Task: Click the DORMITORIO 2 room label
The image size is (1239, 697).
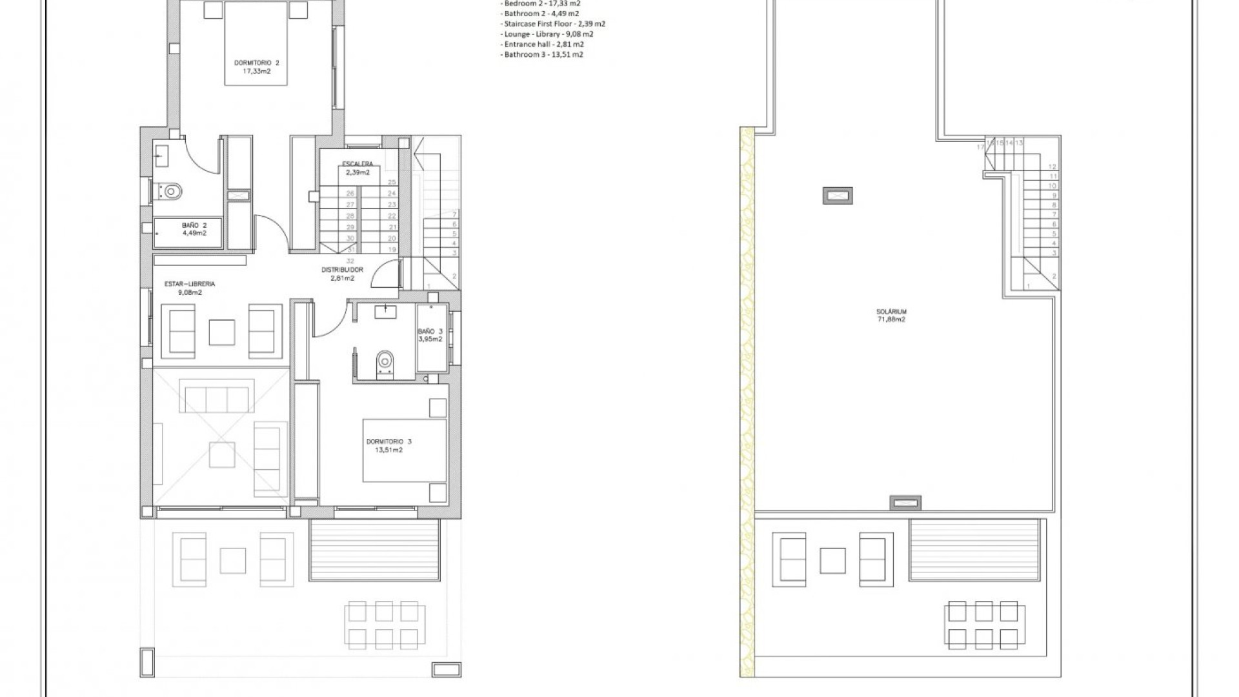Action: [x=256, y=67]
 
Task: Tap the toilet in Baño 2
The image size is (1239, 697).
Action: [x=171, y=191]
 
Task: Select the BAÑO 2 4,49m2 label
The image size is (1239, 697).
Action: [x=194, y=229]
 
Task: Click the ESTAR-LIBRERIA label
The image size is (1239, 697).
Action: [x=190, y=288]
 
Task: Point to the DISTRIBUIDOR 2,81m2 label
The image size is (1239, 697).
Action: [x=342, y=274]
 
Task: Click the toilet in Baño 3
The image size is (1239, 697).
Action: [x=385, y=362]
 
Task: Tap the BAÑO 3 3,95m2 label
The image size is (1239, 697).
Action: [x=430, y=335]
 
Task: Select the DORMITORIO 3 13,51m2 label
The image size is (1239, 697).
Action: [x=388, y=445]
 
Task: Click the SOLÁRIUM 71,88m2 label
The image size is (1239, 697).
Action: [x=891, y=315]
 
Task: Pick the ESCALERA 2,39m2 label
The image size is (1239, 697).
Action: [x=357, y=168]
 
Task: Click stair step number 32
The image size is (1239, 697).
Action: [x=350, y=261]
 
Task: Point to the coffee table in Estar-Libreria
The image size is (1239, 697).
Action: [x=221, y=332]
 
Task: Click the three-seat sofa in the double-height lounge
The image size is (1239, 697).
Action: [x=217, y=399]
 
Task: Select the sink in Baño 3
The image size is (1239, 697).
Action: [x=386, y=312]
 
